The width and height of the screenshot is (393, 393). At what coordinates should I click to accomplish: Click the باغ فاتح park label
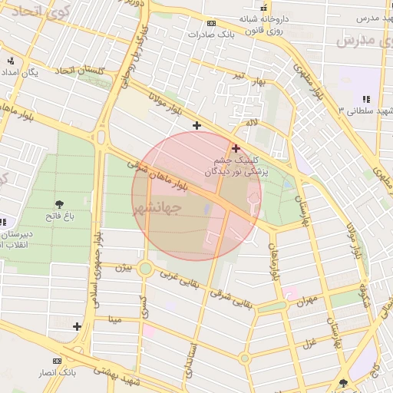tap(59, 218)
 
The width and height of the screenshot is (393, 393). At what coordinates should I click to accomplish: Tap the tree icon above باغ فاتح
tap(59, 204)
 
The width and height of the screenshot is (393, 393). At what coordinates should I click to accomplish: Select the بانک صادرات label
tap(214, 35)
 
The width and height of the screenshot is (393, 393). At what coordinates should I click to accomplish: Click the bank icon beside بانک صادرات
tap(212, 23)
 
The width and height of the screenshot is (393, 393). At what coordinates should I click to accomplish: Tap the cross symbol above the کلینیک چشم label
tap(236, 148)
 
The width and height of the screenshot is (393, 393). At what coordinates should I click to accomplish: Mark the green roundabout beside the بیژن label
tap(145, 269)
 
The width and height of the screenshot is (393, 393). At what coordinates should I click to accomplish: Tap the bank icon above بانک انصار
tap(56, 360)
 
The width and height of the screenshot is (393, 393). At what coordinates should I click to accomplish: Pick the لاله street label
tap(251, 123)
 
